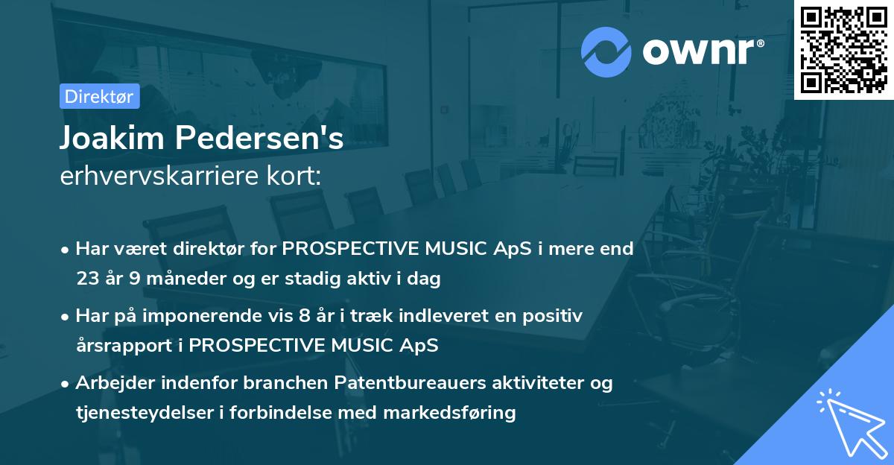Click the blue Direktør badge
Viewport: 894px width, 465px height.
click(x=99, y=96)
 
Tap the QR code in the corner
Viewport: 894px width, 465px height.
click(x=843, y=50)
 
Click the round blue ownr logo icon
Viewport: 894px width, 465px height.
click(x=606, y=52)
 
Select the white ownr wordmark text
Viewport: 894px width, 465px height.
click(x=703, y=52)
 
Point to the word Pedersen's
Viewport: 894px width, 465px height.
click(x=259, y=138)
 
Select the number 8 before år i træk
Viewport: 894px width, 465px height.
click(x=304, y=316)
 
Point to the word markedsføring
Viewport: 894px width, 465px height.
click(x=449, y=413)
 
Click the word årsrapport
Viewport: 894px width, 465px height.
click(x=124, y=346)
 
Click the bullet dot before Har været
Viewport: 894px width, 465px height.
click(x=64, y=250)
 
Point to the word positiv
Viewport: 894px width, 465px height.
click(x=552, y=317)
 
